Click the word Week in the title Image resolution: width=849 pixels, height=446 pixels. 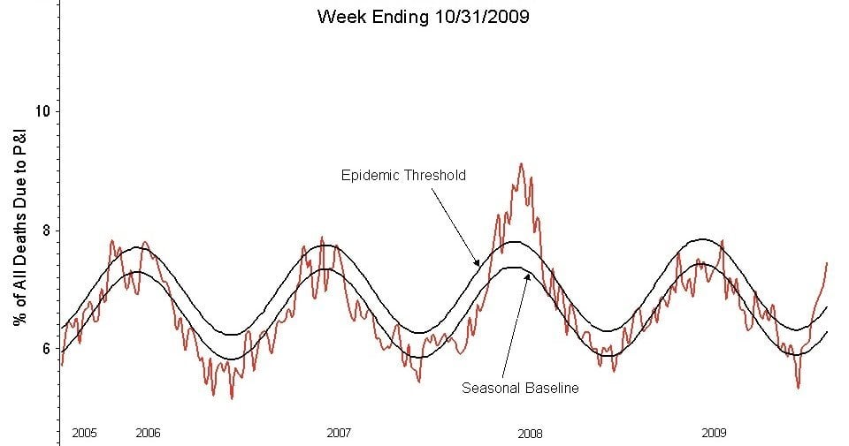[x=340, y=17]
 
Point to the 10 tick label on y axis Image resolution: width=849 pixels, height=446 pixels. [x=42, y=111]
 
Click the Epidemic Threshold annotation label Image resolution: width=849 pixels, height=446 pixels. [x=403, y=175]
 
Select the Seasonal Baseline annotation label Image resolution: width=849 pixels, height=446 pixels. [x=520, y=388]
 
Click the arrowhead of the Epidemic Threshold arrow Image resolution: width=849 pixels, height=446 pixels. [x=478, y=264]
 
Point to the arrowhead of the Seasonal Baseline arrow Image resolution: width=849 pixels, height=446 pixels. [x=528, y=275]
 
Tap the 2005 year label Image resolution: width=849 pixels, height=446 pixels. [x=84, y=433]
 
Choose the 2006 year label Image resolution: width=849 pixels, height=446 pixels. [x=148, y=433]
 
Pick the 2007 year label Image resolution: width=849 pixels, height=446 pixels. [x=339, y=433]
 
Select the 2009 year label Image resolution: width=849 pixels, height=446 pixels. [x=714, y=433]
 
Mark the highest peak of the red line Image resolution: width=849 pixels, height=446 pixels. [x=521, y=163]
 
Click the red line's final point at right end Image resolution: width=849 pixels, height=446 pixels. [x=827, y=262]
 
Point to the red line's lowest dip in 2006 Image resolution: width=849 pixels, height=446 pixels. [x=232, y=398]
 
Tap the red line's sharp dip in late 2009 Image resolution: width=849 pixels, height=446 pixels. [x=798, y=387]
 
